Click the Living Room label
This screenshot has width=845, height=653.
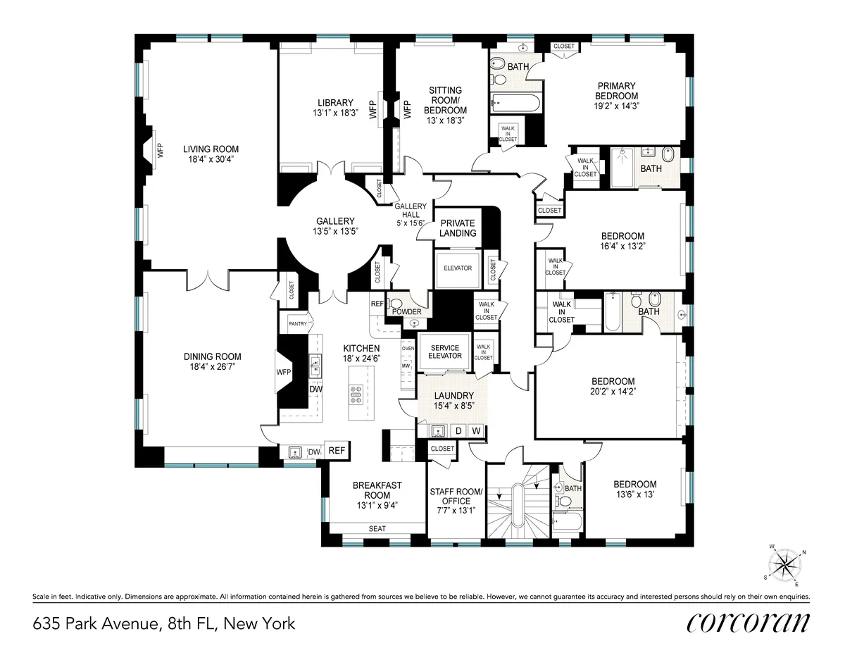point(211,149)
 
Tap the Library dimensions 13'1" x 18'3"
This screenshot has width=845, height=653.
point(334,113)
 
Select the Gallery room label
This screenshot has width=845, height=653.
point(334,220)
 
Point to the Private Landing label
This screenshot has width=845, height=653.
point(458,228)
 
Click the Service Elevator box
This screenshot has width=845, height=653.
point(444,352)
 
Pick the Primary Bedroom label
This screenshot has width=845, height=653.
point(616,91)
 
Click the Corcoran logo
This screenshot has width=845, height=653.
point(748,623)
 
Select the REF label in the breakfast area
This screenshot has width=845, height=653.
point(337,451)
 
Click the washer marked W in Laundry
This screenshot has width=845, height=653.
point(476,430)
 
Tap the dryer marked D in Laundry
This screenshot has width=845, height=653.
point(458,430)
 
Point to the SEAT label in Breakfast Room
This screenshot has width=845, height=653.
point(377,528)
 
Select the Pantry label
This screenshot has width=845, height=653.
point(297,323)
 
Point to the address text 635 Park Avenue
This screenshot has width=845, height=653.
point(95,623)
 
